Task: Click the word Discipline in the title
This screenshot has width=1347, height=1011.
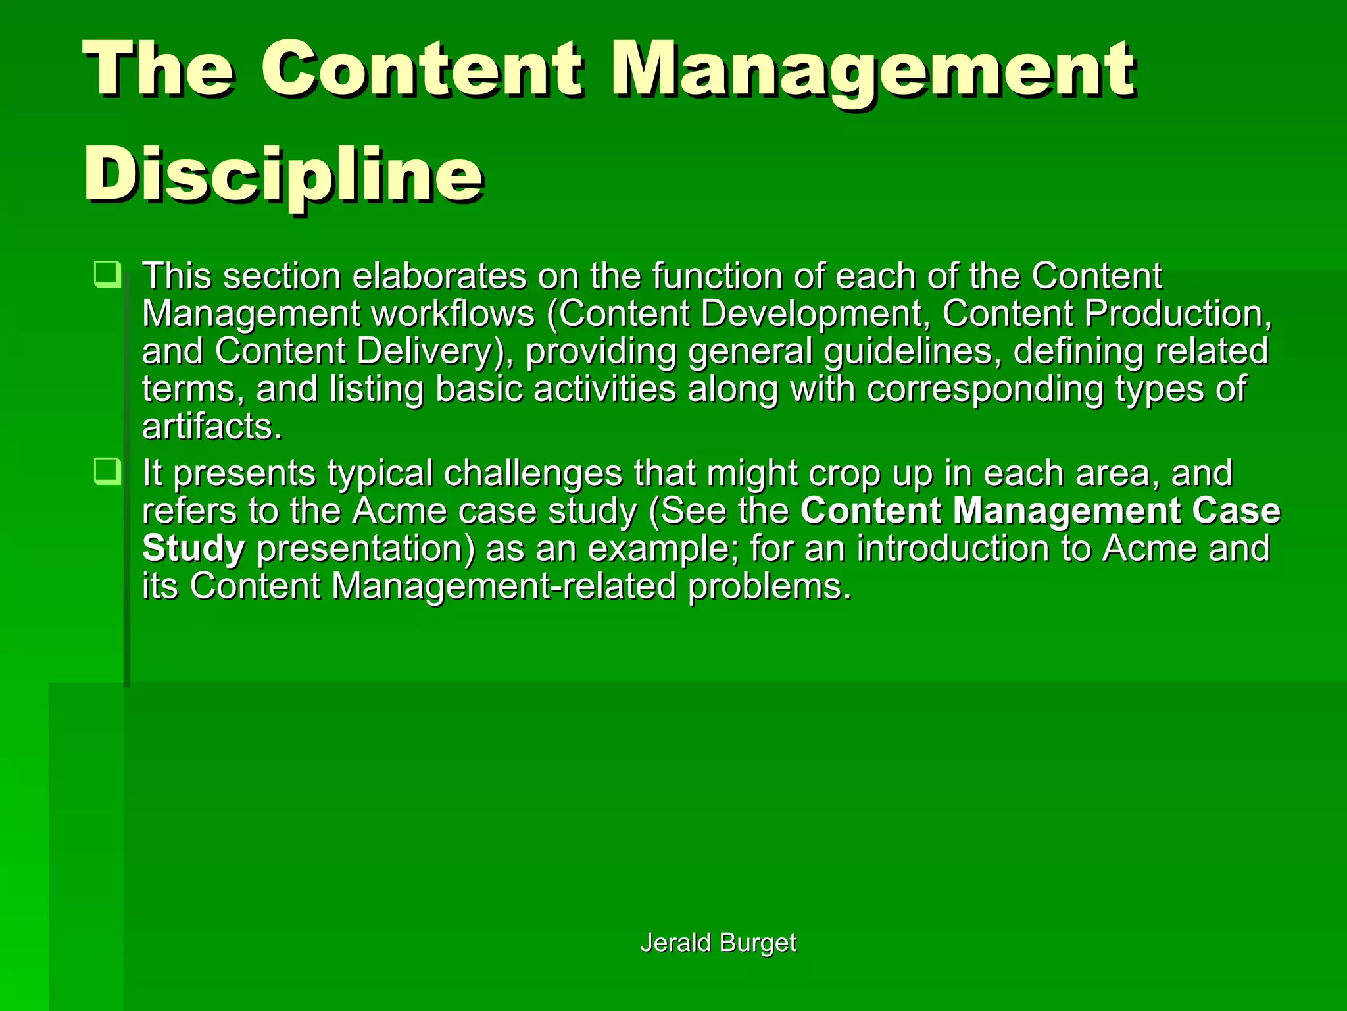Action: tap(284, 174)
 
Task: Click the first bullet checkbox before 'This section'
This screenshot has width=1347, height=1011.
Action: tap(107, 274)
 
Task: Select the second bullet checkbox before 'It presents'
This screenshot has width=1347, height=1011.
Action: tap(107, 471)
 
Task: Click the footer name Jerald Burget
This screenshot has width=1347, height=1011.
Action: tap(718, 943)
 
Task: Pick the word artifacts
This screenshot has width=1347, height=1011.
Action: tap(212, 427)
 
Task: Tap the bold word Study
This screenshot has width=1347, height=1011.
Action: tap(193, 549)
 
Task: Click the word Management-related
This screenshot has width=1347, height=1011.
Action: tap(504, 586)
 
